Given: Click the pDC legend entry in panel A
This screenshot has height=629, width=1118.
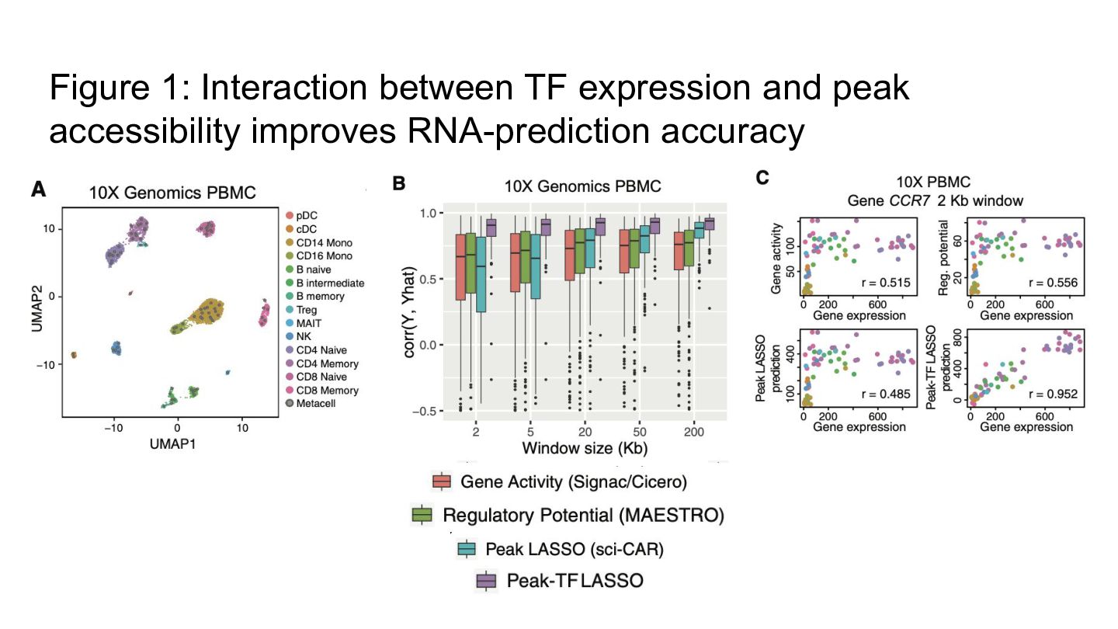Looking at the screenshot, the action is click(301, 216).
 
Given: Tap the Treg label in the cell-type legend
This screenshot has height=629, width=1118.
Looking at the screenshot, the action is click(301, 310).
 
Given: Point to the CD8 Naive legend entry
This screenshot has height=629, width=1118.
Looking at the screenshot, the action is click(316, 377).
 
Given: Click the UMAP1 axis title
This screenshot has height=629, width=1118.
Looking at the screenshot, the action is click(172, 444).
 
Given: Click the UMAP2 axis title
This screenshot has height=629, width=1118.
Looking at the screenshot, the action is click(37, 308).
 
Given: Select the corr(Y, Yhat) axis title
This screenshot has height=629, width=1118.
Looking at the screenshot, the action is click(408, 312).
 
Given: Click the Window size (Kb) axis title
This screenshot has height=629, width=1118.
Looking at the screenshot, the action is click(585, 448).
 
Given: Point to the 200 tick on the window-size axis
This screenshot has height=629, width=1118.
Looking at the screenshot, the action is click(693, 432).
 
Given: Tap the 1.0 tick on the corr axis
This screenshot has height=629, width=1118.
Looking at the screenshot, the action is click(429, 214).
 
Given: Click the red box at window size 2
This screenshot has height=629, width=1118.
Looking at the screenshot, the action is click(460, 267).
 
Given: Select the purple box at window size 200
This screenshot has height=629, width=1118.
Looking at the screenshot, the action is click(710, 224).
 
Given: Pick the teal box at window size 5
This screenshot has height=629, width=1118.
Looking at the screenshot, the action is click(536, 266).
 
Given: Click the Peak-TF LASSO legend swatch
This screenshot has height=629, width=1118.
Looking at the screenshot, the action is click(486, 581).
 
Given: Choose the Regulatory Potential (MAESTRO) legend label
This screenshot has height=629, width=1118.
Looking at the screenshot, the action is click(584, 515).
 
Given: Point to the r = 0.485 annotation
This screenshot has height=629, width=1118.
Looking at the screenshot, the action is click(886, 394).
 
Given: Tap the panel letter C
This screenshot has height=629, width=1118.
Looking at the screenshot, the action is click(762, 178).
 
